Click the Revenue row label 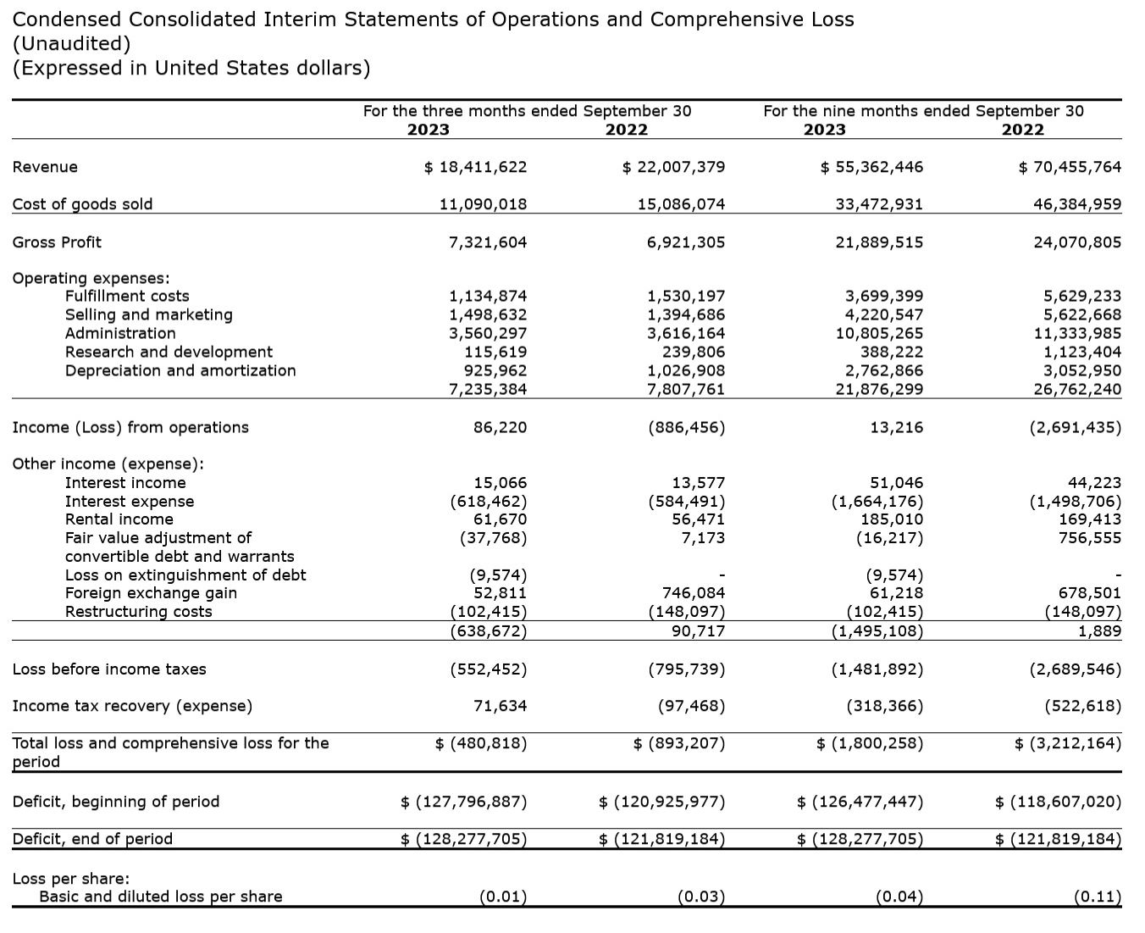45,167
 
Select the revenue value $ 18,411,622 475,167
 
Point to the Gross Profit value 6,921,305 685,242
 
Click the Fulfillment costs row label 127,296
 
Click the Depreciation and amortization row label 180,370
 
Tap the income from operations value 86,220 500,427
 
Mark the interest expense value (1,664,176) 877,501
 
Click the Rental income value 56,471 698,519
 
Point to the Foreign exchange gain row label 151,593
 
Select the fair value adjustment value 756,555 1089,537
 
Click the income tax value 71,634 500,706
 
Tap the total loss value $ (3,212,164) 1068,743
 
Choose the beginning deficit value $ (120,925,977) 661,802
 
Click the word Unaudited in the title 71,43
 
